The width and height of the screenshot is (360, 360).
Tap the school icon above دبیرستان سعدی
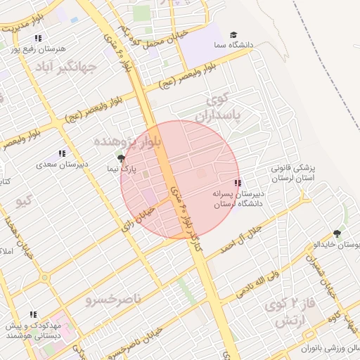click(x=62, y=153)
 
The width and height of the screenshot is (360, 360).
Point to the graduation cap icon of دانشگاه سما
click(x=233, y=34)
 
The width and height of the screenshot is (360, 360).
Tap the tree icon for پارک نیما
click(x=121, y=159)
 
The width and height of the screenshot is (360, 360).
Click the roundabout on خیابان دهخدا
click(x=45, y=278)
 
